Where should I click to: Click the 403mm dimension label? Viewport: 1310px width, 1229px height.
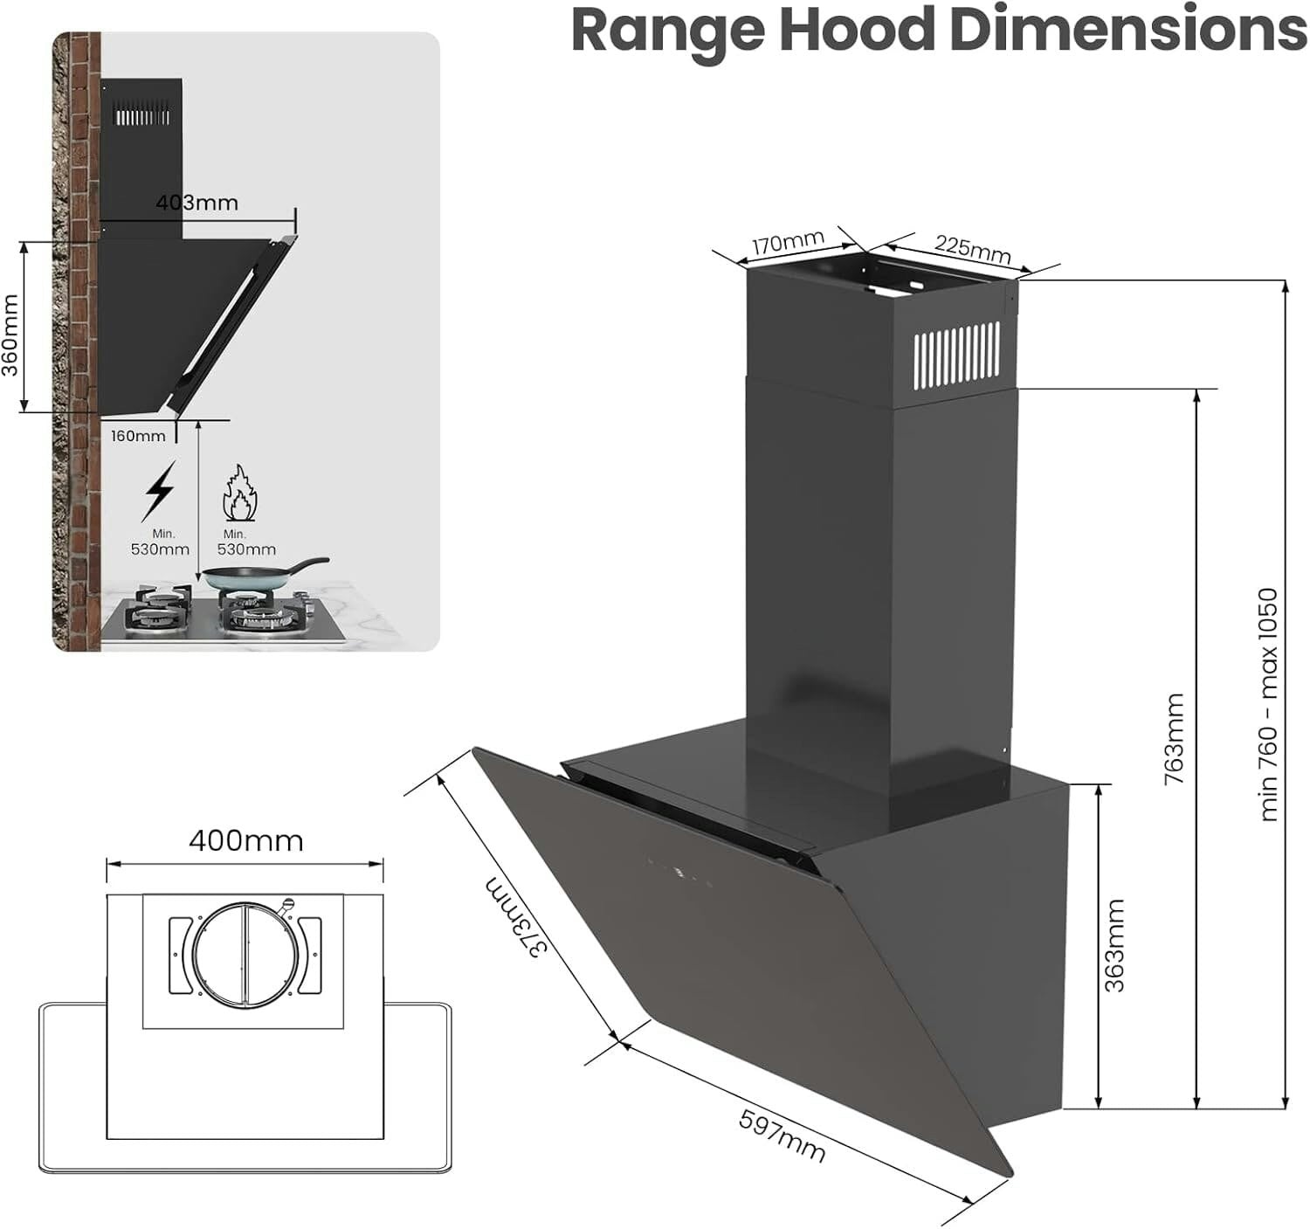tap(196, 203)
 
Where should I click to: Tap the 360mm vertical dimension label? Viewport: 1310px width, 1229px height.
tap(10, 335)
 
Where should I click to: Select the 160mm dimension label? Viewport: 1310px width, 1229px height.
tap(138, 436)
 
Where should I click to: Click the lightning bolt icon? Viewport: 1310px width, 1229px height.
tap(159, 490)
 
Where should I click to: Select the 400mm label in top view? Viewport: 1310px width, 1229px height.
tap(245, 840)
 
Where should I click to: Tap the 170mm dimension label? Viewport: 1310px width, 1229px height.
tap(788, 242)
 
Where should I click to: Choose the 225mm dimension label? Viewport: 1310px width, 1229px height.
tap(972, 249)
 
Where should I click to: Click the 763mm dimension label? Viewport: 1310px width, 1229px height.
tap(1175, 738)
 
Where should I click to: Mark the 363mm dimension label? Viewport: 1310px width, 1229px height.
tap(1114, 945)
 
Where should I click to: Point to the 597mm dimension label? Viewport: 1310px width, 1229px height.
tap(783, 1136)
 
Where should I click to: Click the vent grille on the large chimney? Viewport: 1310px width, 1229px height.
tap(957, 356)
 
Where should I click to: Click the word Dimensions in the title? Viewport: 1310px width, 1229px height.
tap(1127, 31)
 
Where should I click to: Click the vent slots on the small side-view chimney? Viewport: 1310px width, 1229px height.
tap(142, 116)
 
